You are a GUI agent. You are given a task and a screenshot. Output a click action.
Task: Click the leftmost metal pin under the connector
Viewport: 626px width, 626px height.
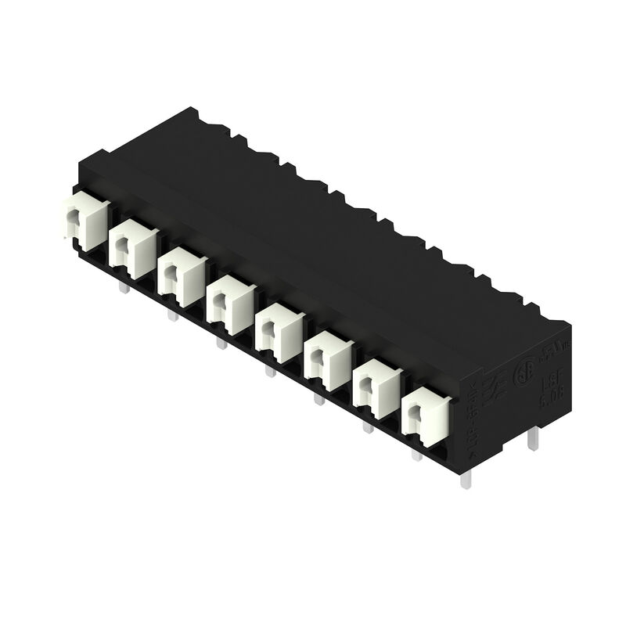pos(123,290)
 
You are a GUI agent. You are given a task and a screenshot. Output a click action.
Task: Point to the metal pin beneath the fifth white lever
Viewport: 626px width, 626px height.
pos(271,370)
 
